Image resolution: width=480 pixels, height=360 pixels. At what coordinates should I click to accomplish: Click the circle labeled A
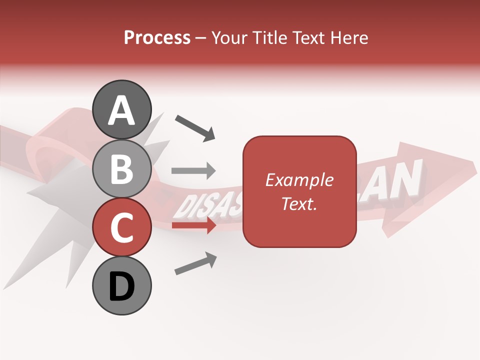tap(121, 109)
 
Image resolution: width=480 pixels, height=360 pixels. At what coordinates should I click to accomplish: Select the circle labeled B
tap(121, 168)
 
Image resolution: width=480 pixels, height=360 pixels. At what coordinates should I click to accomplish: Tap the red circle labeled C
tap(121, 227)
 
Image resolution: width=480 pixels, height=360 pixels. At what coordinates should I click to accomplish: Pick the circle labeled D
tap(121, 285)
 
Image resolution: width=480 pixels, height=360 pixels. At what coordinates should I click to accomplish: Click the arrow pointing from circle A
tap(195, 127)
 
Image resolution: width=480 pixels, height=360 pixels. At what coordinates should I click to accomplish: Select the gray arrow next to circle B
tap(193, 171)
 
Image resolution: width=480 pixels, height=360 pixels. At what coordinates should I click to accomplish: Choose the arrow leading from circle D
tap(195, 263)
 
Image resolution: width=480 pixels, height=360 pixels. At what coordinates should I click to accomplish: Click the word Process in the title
tap(157, 37)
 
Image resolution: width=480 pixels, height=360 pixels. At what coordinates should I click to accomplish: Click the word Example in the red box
tap(299, 180)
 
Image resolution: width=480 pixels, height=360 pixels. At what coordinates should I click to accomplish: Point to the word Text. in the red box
tap(299, 203)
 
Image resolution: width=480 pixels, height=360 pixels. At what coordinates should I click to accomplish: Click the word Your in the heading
tap(229, 37)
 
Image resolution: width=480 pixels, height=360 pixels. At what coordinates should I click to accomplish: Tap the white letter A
tap(121, 110)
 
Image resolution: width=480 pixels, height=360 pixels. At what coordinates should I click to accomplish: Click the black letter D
tap(121, 286)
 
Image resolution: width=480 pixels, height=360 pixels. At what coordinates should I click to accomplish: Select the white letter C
tap(121, 228)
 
